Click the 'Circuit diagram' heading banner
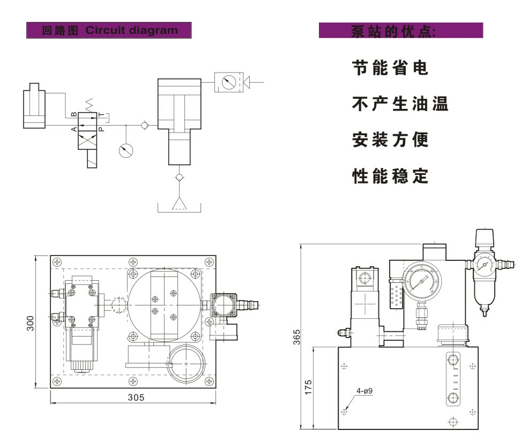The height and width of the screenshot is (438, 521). point(109,30)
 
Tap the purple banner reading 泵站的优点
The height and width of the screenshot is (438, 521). point(400,31)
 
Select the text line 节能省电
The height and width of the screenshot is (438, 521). point(390,68)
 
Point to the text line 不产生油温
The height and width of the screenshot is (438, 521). point(400,104)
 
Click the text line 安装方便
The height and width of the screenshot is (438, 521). point(390,140)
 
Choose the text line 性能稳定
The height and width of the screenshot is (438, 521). point(390,176)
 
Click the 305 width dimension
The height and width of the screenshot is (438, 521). point(136,398)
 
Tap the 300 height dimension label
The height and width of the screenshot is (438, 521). point(31,323)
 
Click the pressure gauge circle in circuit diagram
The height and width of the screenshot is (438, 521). point(126,150)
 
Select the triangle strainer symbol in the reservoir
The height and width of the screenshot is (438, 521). point(178,202)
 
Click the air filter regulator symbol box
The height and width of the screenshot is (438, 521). point(229,82)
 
